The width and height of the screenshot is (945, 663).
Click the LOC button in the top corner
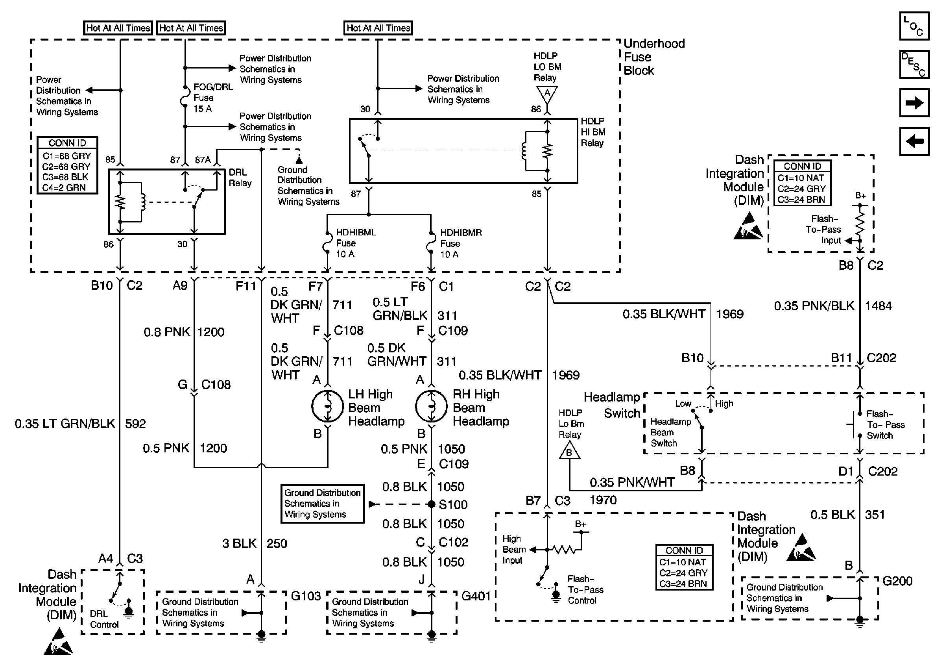[914, 26]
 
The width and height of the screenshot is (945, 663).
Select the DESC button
[914, 64]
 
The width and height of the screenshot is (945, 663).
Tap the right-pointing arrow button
[914, 102]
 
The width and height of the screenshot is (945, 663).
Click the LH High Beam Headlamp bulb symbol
[328, 406]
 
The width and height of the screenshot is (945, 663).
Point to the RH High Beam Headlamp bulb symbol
[431, 406]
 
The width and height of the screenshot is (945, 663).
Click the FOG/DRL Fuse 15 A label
[212, 98]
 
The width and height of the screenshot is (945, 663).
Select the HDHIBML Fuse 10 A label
[356, 243]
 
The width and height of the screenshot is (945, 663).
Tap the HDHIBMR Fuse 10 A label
[461, 243]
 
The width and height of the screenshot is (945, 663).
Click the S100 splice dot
[431, 504]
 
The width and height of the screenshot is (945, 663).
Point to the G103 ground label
[305, 596]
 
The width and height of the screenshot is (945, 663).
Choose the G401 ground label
[476, 596]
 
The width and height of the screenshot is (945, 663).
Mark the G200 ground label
[897, 581]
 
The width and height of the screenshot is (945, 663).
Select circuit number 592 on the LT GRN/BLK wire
[135, 424]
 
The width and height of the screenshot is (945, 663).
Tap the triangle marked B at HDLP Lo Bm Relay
[569, 451]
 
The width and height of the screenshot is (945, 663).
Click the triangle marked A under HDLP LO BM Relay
[547, 93]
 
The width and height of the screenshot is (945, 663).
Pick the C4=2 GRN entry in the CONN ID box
[64, 188]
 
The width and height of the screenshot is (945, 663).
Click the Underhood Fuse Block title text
[653, 57]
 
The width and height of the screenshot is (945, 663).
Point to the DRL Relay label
[240, 178]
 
